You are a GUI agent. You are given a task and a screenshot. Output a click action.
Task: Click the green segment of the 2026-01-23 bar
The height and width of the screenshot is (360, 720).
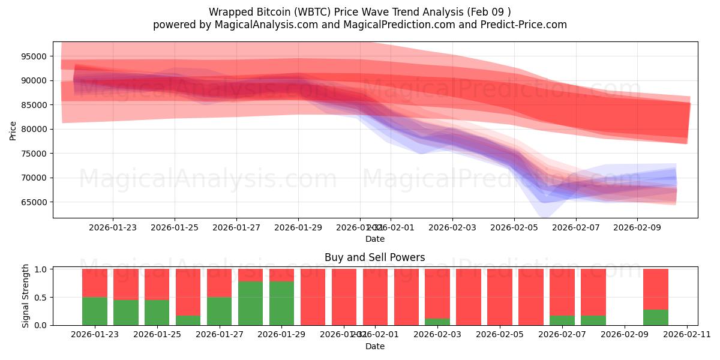pyautogui.click(x=95, y=311)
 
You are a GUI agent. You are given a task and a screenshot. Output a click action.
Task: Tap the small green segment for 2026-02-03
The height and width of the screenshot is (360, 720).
pyautogui.click(x=437, y=322)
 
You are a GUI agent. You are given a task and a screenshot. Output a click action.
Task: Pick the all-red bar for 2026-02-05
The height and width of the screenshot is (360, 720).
pyautogui.click(x=500, y=297)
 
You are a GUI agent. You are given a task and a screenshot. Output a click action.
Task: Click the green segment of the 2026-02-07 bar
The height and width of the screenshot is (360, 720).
pyautogui.click(x=562, y=320)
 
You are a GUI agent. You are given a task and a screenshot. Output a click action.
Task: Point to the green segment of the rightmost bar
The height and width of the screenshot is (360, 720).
pyautogui.click(x=655, y=317)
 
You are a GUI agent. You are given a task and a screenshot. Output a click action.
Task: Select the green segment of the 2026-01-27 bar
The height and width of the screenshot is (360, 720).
pyautogui.click(x=219, y=311)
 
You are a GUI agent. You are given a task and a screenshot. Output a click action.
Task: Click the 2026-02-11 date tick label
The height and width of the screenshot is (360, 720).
pyautogui.click(x=686, y=335)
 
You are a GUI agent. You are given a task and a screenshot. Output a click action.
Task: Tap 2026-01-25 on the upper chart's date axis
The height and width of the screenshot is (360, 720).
pyautogui.click(x=175, y=227)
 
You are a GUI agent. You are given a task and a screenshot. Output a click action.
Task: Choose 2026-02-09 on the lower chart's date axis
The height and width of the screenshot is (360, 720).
pyautogui.click(x=625, y=335)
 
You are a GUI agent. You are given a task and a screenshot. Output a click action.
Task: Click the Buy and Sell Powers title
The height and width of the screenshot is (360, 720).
pyautogui.click(x=374, y=257)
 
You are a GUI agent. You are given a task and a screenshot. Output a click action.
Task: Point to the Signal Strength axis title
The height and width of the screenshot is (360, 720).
pyautogui.click(x=25, y=296)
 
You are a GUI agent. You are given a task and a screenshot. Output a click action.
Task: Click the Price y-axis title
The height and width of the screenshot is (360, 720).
pyautogui.click(x=13, y=130)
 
